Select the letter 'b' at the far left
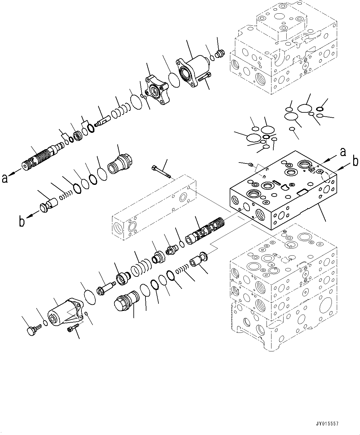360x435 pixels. click(x=22, y=222)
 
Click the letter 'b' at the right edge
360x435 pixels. click(x=356, y=161)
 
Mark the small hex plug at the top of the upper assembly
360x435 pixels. click(x=221, y=54)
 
